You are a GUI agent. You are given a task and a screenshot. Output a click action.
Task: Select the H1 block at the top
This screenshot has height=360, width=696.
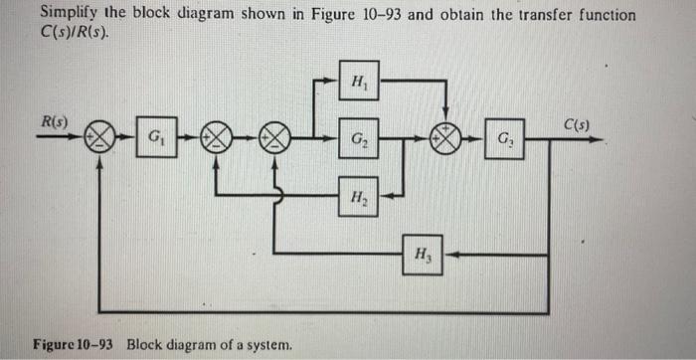pyautogui.click(x=358, y=82)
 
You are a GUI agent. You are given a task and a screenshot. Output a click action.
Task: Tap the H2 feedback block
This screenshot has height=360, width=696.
pyautogui.click(x=358, y=195)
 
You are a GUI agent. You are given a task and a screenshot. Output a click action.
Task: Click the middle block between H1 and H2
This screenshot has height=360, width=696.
pyautogui.click(x=358, y=136)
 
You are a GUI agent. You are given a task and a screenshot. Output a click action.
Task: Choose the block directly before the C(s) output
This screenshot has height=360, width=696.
pyautogui.click(x=504, y=136)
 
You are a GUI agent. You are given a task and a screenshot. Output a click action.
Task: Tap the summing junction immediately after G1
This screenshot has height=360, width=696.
pyautogui.click(x=215, y=136)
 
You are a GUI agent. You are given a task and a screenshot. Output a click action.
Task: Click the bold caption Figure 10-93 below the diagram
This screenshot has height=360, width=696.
pyautogui.click(x=74, y=345)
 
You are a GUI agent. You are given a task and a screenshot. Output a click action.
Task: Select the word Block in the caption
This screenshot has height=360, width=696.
pyautogui.click(x=145, y=345)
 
